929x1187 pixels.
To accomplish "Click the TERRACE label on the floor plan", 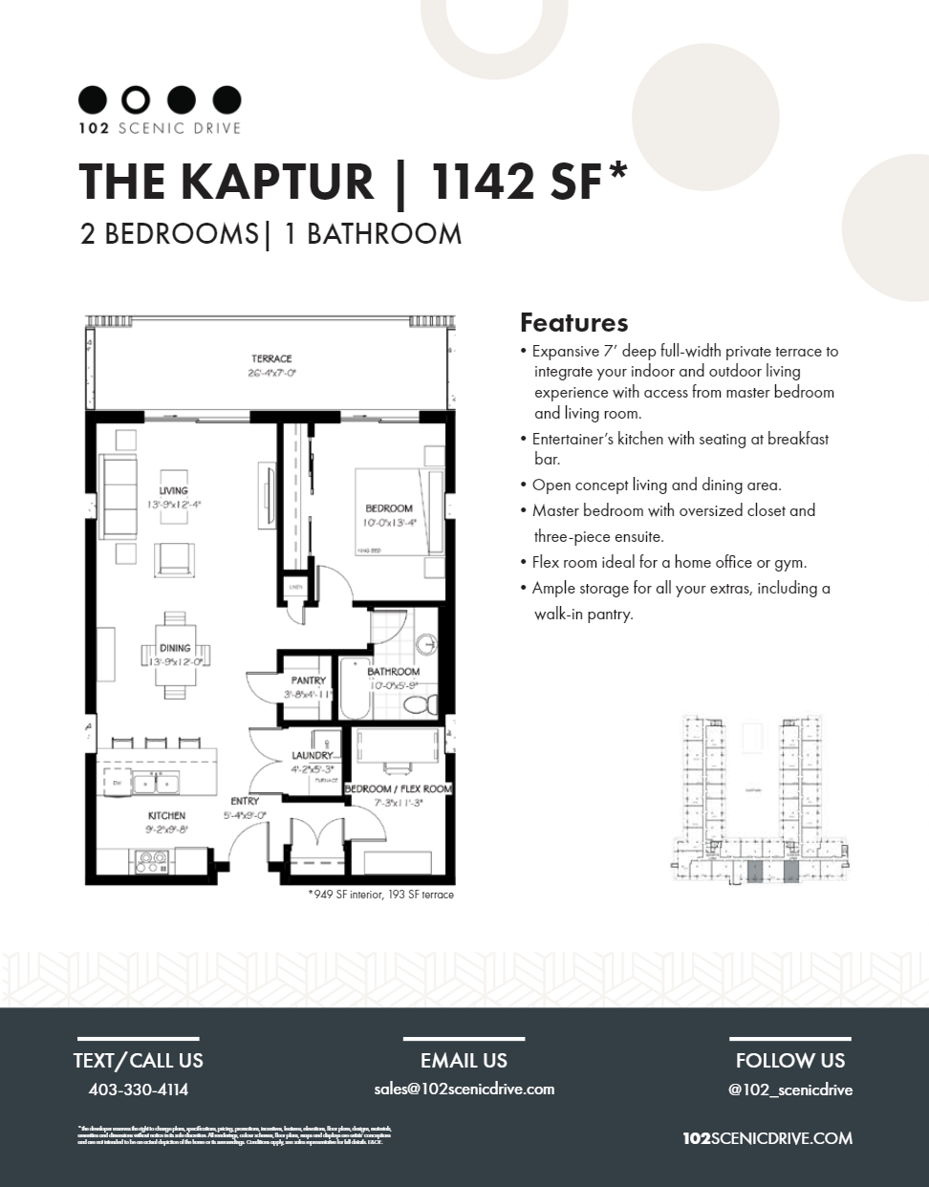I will pyautogui.click(x=271, y=359).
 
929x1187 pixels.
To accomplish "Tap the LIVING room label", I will pyautogui.click(x=174, y=490).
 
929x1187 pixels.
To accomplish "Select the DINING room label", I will pyautogui.click(x=175, y=648).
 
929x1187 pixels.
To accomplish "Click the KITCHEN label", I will pyautogui.click(x=166, y=815).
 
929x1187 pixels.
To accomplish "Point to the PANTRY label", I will pyautogui.click(x=308, y=680).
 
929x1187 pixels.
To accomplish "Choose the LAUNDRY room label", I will pyautogui.click(x=311, y=755).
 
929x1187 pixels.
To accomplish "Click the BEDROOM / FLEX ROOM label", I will pyautogui.click(x=398, y=788).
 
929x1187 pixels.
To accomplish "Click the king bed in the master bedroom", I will pyautogui.click(x=399, y=511).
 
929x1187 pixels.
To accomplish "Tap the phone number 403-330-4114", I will pyautogui.click(x=138, y=1089).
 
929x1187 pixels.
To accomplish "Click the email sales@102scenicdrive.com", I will pyautogui.click(x=464, y=1089).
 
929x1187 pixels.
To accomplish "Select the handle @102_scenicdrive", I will pyautogui.click(x=789, y=1090).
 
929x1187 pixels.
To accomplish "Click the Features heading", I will pyautogui.click(x=573, y=322).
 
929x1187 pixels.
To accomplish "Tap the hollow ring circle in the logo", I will pyautogui.click(x=138, y=99).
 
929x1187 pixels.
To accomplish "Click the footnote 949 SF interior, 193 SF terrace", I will pyautogui.click(x=380, y=896).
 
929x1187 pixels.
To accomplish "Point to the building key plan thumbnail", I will pyautogui.click(x=762, y=799).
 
